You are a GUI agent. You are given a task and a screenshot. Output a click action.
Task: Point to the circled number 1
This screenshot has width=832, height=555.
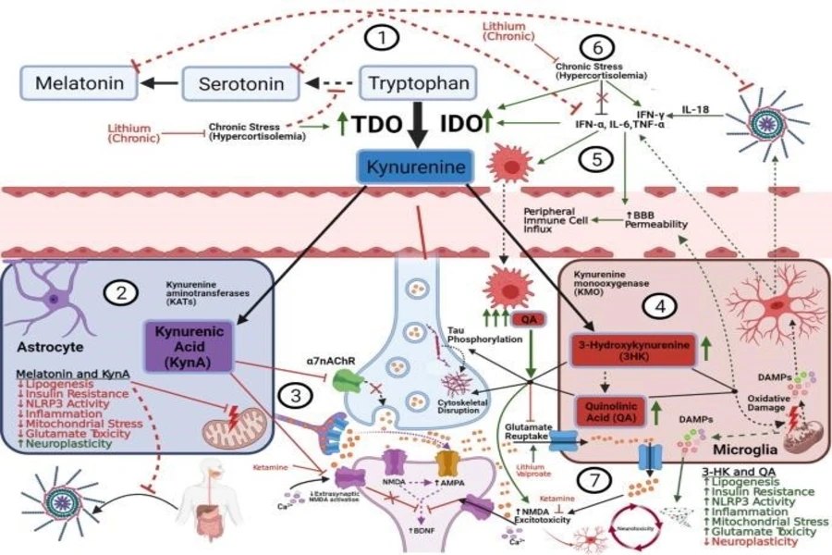pos(382,38)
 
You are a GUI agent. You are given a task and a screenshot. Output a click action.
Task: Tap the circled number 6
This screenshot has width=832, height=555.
pos(596,47)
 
